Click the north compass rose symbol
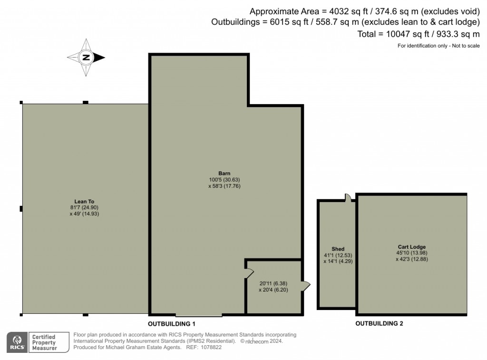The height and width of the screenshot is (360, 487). point(86,58)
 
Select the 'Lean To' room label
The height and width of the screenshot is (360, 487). point(84,201)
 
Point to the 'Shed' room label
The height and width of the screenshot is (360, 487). point(338,249)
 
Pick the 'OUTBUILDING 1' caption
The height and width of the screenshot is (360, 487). point(172,323)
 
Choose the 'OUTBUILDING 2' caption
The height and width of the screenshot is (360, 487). point(379,323)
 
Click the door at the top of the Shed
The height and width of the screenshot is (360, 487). point(348,197)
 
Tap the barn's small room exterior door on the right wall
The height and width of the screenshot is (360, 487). point(305,286)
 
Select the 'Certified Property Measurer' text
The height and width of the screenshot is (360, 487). point(43,342)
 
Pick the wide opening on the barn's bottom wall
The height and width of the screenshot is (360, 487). point(199,314)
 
